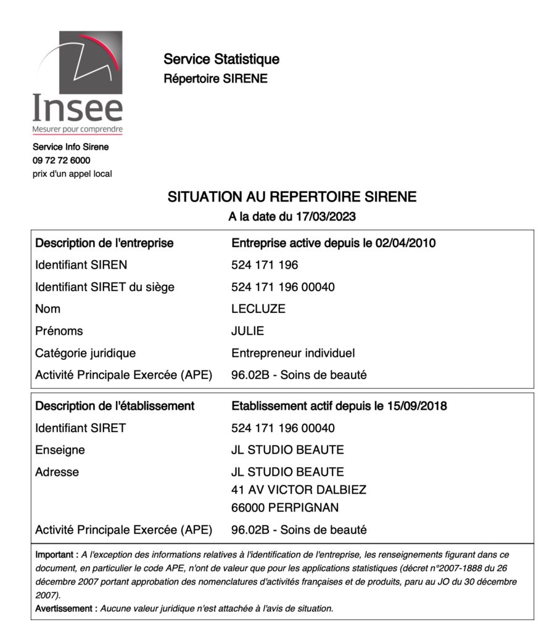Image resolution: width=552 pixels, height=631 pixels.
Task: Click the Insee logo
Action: (78, 83)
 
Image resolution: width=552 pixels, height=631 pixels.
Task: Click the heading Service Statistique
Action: (221, 59)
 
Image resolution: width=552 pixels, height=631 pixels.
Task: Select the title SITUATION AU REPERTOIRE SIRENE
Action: (292, 197)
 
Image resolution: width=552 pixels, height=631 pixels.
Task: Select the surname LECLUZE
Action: (258, 309)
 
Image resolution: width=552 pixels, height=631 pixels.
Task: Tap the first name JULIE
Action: (247, 331)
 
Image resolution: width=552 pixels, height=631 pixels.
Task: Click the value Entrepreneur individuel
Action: (293, 353)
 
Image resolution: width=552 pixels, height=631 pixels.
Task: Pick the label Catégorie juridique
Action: (85, 353)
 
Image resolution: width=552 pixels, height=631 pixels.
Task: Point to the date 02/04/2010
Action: (405, 243)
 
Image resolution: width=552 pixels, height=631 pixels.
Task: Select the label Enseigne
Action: (60, 450)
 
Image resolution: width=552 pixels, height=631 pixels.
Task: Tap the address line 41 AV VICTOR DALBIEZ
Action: (299, 490)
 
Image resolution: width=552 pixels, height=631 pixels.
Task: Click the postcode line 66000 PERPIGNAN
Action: (285, 508)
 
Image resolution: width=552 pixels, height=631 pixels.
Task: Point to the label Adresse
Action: (57, 472)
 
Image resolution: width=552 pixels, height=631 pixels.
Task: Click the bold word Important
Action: (56, 555)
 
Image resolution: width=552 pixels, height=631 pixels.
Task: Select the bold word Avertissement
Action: (66, 608)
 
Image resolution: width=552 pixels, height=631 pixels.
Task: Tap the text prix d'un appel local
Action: (72, 174)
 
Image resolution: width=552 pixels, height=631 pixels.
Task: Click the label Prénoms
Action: (59, 331)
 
